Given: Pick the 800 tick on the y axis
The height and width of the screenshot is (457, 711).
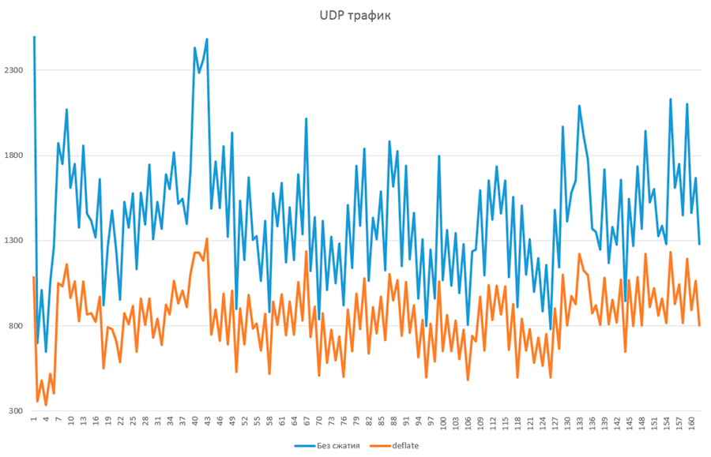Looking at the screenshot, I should click(18, 326).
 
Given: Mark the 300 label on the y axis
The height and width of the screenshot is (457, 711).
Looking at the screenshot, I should click(18, 411).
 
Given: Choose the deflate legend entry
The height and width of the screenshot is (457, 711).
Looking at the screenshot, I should click(405, 446).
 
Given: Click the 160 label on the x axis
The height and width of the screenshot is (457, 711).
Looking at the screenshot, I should click(691, 424).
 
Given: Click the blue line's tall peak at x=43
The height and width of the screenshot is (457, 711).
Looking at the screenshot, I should click(207, 39).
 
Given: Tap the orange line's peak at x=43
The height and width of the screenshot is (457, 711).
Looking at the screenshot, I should click(207, 238).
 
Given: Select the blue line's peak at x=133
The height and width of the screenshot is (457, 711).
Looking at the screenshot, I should click(579, 105).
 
